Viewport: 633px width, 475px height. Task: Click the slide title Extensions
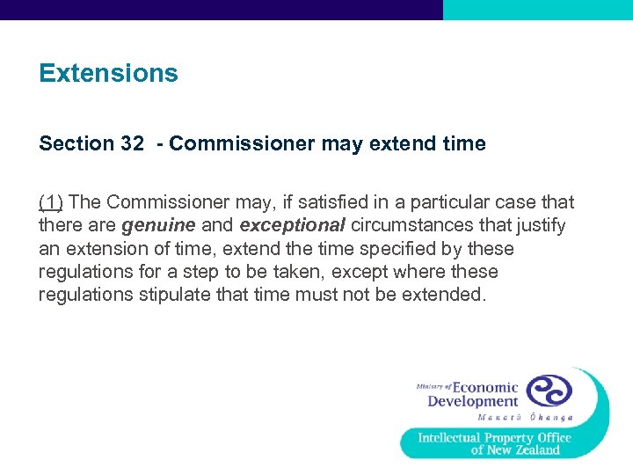tap(108, 73)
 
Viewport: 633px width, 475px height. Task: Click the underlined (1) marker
tap(51, 202)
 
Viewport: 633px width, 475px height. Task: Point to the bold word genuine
tap(158, 226)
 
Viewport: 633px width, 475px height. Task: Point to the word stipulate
tap(178, 295)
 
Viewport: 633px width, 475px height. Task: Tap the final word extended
tap(442, 295)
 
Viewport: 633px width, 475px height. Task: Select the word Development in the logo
tap(473, 402)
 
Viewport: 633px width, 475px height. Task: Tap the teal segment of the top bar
tap(537, 10)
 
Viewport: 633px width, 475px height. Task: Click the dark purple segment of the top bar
tap(221, 10)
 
